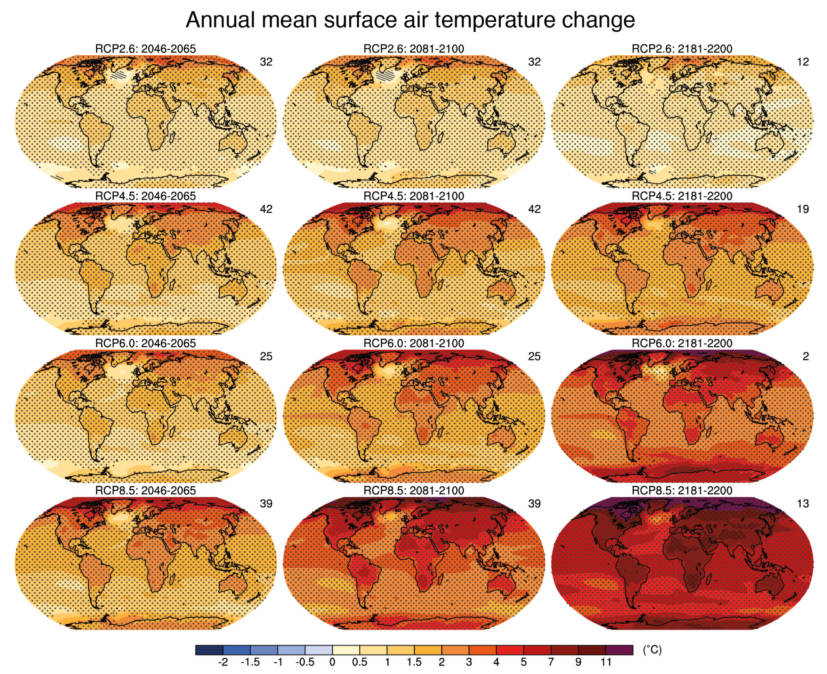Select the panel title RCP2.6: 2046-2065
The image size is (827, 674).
click(145, 49)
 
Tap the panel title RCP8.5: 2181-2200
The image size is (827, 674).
click(682, 490)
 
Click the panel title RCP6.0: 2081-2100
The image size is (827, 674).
click(413, 343)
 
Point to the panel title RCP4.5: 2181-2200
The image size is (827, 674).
click(682, 196)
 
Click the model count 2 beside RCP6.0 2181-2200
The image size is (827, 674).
click(805, 356)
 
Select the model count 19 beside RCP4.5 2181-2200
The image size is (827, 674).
click(803, 209)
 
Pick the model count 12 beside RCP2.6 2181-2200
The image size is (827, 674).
click(803, 62)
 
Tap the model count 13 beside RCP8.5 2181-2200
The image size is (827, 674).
click(803, 504)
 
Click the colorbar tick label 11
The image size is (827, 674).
click(606, 662)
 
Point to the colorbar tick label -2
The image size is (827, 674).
click(222, 662)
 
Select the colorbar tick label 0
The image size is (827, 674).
click(332, 662)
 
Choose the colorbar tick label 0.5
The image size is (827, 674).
click(359, 662)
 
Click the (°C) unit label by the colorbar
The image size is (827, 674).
click(652, 650)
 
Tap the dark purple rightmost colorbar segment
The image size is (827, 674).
click(619, 650)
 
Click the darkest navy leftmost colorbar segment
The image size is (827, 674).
click(209, 650)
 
